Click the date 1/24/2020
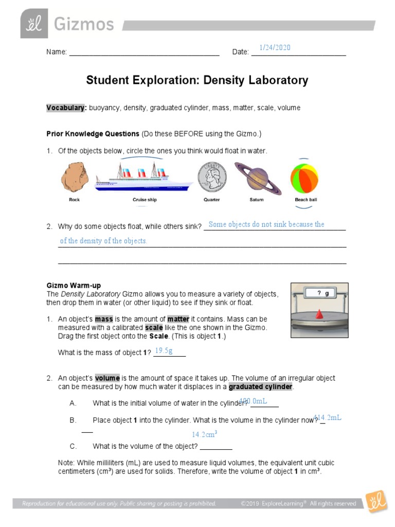pyautogui.click(x=275, y=47)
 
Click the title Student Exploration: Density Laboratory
pyautogui.click(x=197, y=80)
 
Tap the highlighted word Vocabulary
pyautogui.click(x=66, y=108)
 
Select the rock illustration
pyautogui.click(x=75, y=178)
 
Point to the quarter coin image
pyautogui.click(x=211, y=179)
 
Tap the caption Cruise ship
pyautogui.click(x=145, y=200)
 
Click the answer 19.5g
pyautogui.click(x=164, y=350)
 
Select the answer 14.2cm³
pyautogui.click(x=205, y=434)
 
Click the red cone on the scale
pyautogui.click(x=319, y=314)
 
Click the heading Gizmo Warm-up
pyautogui.click(x=74, y=285)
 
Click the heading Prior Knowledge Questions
pyautogui.click(x=93, y=134)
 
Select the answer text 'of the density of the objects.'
pyautogui.click(x=103, y=241)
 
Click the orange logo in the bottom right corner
pyautogui.click(x=376, y=502)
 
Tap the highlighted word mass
pyautogui.click(x=103, y=319)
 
